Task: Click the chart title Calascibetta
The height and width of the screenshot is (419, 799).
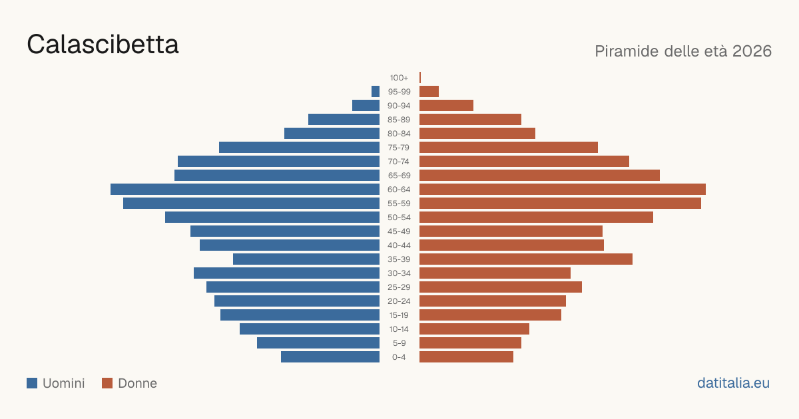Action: coord(103,45)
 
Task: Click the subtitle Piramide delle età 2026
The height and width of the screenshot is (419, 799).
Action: coord(683,51)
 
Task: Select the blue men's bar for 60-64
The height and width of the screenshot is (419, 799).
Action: coord(245,189)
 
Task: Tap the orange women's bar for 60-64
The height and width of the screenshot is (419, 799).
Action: coord(563,189)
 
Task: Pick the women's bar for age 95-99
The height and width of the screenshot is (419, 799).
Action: coord(429,92)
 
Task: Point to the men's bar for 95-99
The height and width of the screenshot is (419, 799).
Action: coord(376,92)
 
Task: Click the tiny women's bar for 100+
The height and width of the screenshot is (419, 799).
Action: coord(420,77)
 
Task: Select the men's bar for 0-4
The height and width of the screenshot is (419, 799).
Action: coord(330,357)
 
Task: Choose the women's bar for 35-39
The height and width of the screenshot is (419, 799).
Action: coord(526,259)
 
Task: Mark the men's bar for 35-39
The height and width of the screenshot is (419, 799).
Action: coord(306,259)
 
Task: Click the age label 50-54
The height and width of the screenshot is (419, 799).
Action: coord(399,217)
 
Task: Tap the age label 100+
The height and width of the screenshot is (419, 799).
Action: coord(399,78)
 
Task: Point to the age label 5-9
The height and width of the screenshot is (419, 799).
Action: coord(399,343)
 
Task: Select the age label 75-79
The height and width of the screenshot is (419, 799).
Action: coord(399,148)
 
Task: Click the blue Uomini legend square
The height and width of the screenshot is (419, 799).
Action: coord(32,383)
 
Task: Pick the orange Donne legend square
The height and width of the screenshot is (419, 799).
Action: coord(107,383)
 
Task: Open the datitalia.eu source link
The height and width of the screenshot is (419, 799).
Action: coord(733,383)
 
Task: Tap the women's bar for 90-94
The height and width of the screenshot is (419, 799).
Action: coord(446,106)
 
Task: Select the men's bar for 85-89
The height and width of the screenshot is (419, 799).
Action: coord(344,119)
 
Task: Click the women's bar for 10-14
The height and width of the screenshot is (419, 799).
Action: coord(474,329)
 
